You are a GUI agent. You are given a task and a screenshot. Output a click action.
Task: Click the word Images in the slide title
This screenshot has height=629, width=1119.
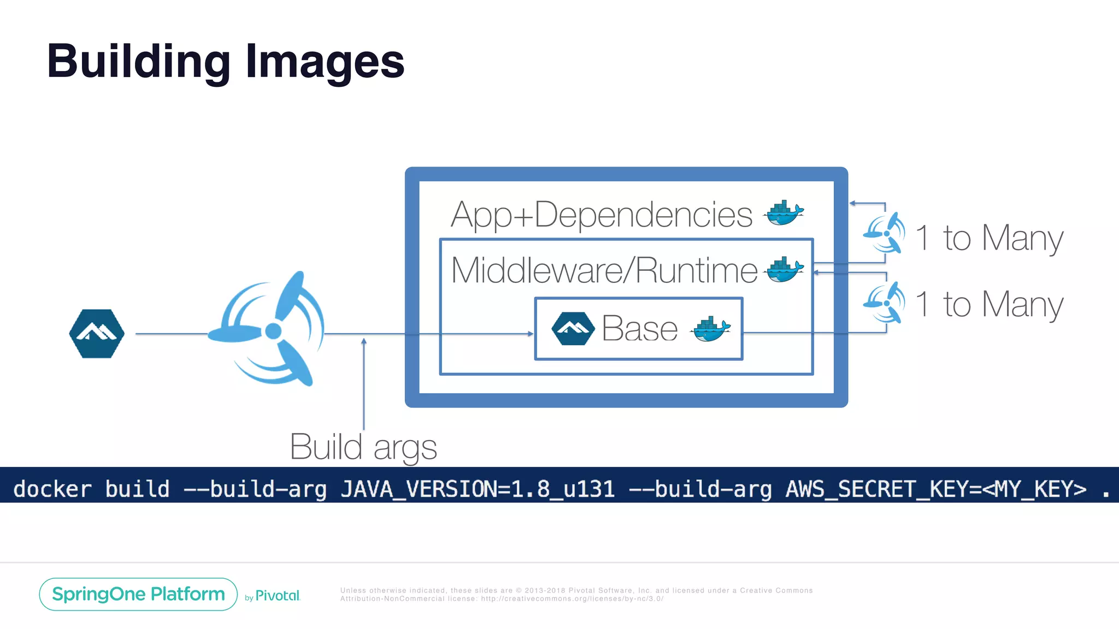tap(325, 61)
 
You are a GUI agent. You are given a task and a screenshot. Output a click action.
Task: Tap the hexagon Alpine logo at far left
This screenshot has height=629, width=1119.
tap(97, 333)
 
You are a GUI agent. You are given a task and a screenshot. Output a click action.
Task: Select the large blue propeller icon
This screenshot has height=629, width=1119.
tap(270, 329)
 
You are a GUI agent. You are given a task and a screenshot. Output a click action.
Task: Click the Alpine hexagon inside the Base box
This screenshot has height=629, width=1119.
tap(573, 328)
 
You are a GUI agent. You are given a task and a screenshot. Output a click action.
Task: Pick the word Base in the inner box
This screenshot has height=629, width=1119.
tap(640, 329)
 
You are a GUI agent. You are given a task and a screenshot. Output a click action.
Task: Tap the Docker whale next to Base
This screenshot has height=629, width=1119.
tap(711, 329)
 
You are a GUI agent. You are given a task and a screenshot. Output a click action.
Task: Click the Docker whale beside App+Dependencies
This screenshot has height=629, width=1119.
tap(785, 213)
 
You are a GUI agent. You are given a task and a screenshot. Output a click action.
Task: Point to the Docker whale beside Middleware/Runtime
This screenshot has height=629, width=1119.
tap(785, 270)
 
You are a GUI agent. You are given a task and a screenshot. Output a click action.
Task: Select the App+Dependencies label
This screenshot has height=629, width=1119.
tap(602, 214)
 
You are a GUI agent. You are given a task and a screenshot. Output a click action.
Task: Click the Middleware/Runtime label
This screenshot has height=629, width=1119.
tap(604, 270)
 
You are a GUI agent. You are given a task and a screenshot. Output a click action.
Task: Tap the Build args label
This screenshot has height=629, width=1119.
tap(363, 447)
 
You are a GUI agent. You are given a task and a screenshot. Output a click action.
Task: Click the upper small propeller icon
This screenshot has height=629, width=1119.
tap(885, 233)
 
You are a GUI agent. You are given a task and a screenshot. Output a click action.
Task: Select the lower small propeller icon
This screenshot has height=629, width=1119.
tap(885, 302)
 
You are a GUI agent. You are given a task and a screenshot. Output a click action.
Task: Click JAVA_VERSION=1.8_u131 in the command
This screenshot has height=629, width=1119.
tap(478, 489)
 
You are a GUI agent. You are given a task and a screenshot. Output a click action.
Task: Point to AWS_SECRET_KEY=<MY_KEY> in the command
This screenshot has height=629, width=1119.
tap(936, 489)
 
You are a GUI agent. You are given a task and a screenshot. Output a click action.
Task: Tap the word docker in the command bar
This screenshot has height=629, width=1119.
tap(52, 489)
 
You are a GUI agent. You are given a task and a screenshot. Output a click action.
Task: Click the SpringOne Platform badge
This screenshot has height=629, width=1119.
tap(138, 594)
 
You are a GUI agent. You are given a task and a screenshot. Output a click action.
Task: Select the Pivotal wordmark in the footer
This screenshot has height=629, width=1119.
tap(278, 596)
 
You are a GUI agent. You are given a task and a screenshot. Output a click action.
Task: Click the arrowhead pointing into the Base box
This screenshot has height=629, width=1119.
tap(531, 334)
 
